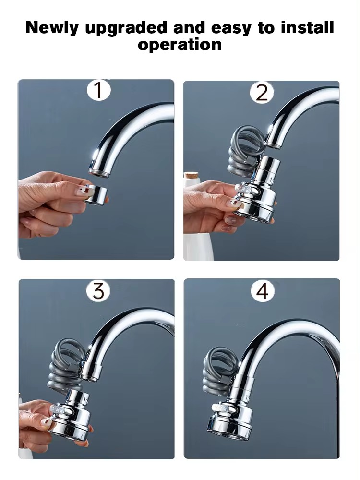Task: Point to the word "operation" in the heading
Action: (x=180, y=44)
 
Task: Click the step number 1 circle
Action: (x=98, y=91)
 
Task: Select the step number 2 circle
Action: (x=262, y=92)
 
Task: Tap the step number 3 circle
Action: (x=98, y=291)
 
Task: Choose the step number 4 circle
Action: (x=262, y=291)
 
